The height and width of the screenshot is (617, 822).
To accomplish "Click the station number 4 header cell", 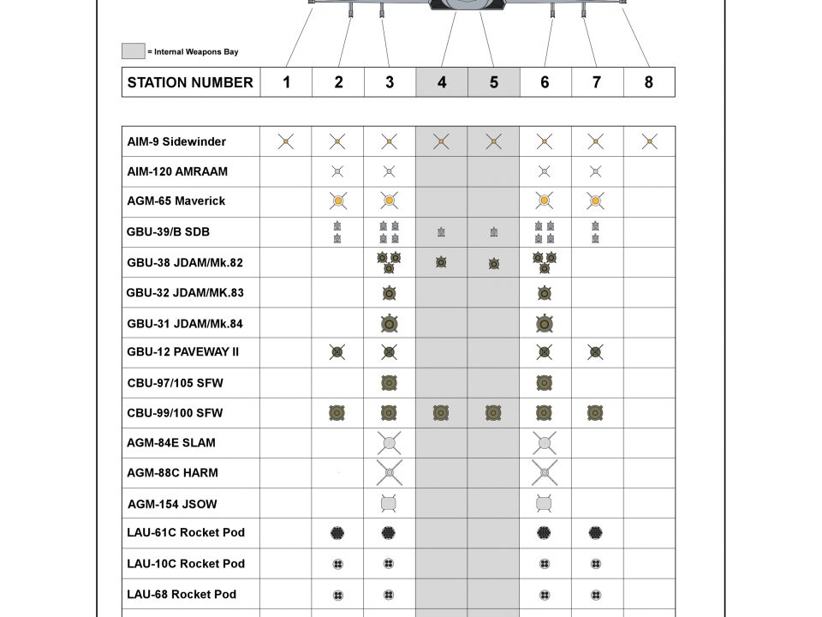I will (442, 82).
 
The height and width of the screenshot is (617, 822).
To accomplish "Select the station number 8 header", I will (648, 82).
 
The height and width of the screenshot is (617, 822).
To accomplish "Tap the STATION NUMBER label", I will (190, 82).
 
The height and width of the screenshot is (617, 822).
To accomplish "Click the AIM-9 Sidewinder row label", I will (177, 141).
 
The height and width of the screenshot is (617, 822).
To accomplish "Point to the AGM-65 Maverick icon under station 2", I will (337, 201).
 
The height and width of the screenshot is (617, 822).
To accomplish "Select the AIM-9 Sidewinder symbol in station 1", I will (286, 141).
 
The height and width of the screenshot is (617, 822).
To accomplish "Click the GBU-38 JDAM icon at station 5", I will (494, 263).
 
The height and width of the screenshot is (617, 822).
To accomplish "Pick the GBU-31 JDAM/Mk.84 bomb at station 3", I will (389, 324).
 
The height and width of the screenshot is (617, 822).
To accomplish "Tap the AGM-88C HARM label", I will (172, 473).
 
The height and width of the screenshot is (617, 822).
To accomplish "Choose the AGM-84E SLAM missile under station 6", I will (544, 443).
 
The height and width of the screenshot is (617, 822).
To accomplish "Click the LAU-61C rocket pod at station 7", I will (596, 533).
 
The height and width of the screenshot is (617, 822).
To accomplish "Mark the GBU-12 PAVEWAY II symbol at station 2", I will (337, 352).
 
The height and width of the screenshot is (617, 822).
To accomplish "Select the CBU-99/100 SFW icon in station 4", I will (441, 413).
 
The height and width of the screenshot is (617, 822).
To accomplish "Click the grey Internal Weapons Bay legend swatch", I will (133, 51).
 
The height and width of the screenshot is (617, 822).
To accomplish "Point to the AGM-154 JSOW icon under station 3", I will (389, 503).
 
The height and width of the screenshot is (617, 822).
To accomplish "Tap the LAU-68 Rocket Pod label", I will (182, 595).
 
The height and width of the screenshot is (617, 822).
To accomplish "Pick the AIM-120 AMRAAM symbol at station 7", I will (596, 171).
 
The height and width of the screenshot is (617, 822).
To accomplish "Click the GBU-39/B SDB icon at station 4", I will (441, 232).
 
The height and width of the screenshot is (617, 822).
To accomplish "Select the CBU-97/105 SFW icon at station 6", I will (544, 383).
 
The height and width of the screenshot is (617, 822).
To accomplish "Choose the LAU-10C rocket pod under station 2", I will (337, 564).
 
